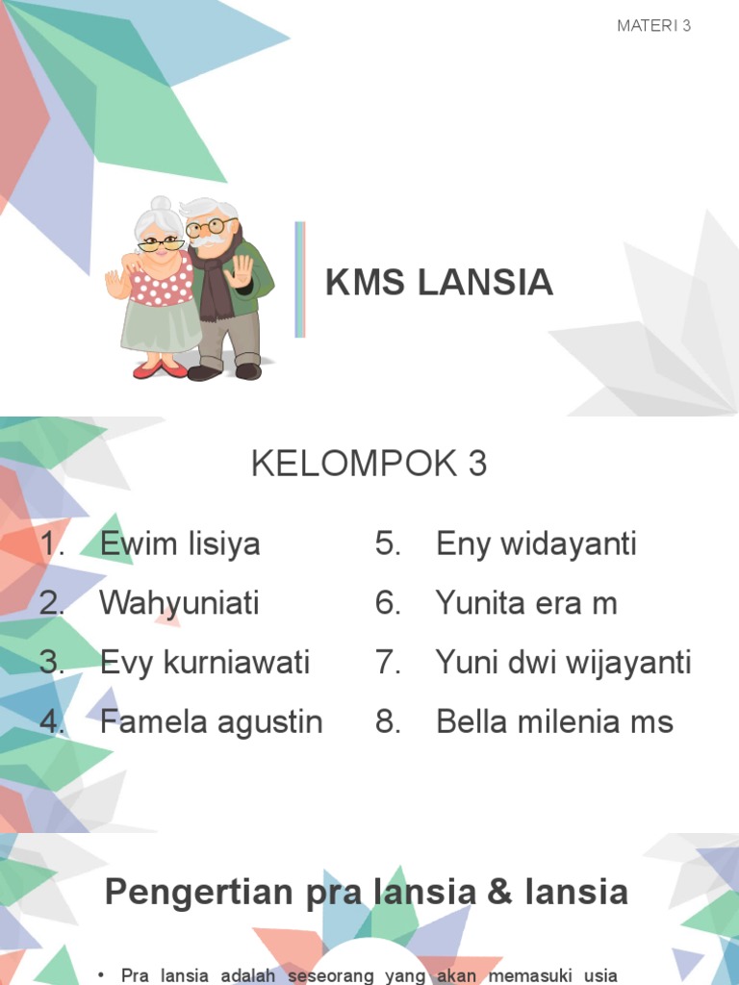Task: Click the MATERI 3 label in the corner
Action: [x=653, y=26]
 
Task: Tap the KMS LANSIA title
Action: [x=439, y=283]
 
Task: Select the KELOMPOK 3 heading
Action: [x=369, y=464]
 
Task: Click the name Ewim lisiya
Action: [x=180, y=544]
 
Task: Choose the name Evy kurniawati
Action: [x=204, y=663]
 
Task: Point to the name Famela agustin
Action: [x=211, y=721]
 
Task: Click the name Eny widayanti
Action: [x=536, y=544]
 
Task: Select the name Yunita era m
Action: [x=525, y=604]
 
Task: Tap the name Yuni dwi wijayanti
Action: [x=563, y=663]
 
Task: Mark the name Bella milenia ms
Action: [x=554, y=721]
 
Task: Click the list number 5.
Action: [x=388, y=544]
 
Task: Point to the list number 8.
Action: [x=388, y=721]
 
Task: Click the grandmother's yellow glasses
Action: [x=161, y=244]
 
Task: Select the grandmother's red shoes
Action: [x=160, y=368]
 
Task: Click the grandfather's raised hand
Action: [x=239, y=271]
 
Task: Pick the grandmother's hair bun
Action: [x=161, y=204]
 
